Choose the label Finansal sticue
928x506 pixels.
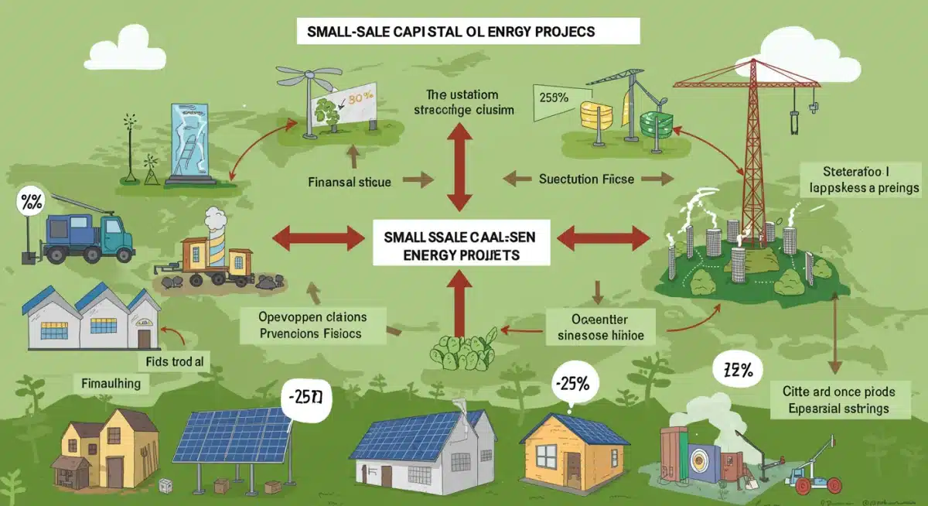(349, 183)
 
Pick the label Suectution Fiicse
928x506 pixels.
(585, 179)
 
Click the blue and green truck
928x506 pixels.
(84, 236)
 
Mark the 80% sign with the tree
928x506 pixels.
(340, 108)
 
